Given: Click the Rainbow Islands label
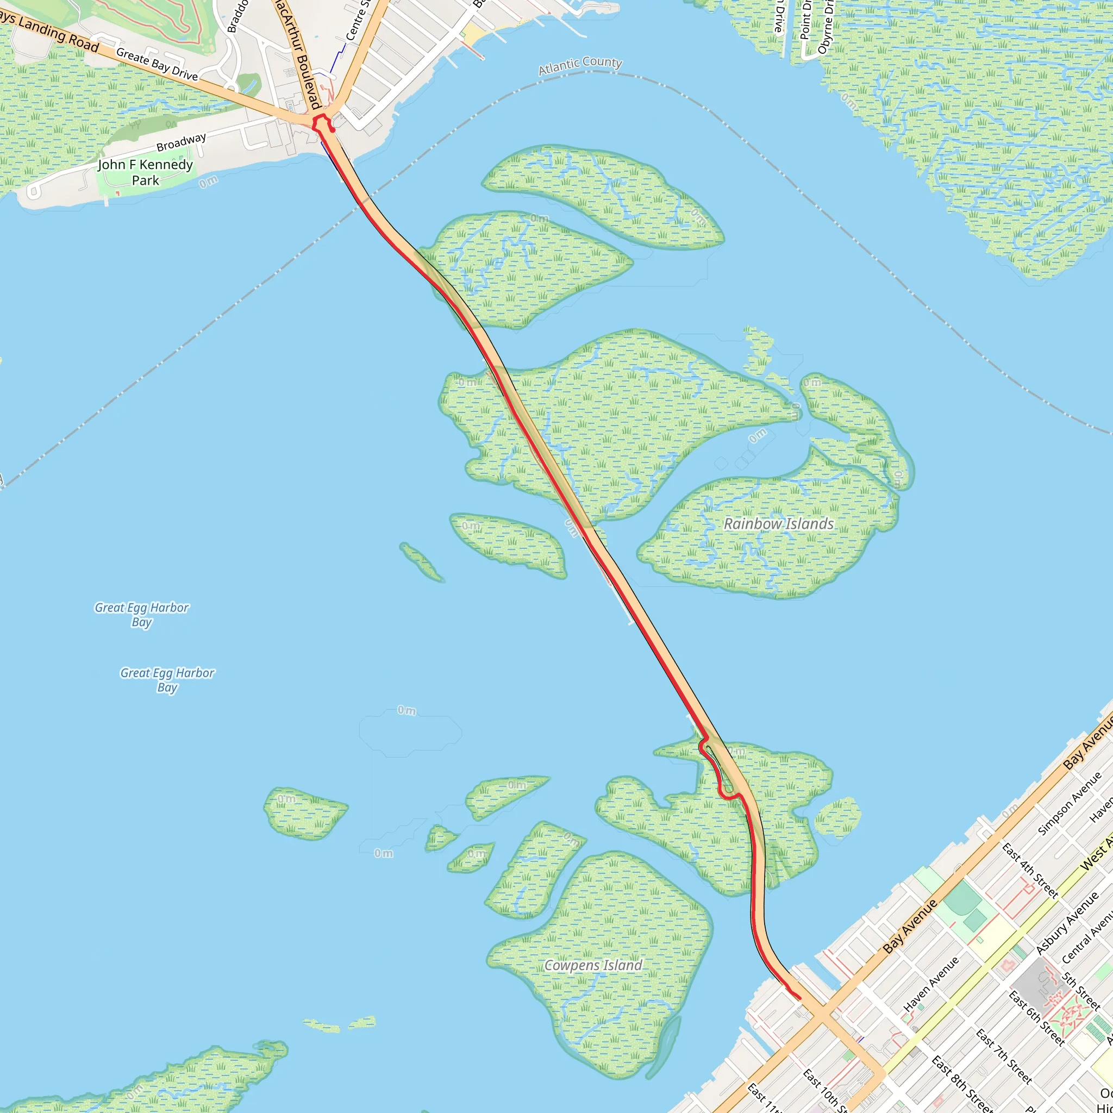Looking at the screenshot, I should tap(778, 524).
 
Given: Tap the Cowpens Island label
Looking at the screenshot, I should tap(593, 965).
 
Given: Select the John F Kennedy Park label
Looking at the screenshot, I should tap(145, 172).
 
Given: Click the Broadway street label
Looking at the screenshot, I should tap(181, 142).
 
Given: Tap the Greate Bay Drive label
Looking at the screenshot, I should tap(157, 64).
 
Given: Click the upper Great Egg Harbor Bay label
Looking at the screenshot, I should tap(142, 614).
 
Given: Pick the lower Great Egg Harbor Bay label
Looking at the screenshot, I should tap(167, 679).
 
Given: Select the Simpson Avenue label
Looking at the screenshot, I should tap(1068, 803).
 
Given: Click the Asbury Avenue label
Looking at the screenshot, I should tap(1067, 923).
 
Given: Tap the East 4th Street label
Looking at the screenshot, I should tap(1029, 871).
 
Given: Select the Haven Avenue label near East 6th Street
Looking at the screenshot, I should tap(931, 984).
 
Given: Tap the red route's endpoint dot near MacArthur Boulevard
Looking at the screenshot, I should tap(333, 130).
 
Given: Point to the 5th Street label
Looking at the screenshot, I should tap(1081, 991).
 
